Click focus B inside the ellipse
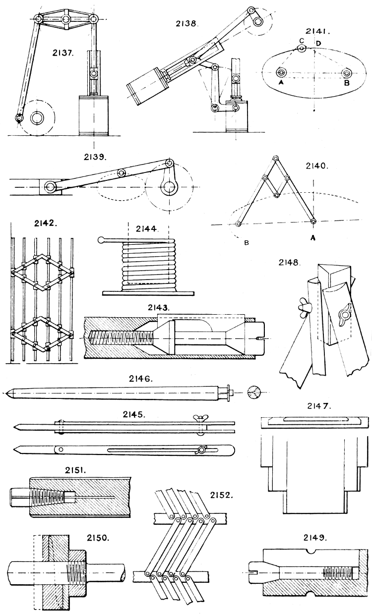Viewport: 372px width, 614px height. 347,72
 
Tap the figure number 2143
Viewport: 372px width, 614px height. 159,307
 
